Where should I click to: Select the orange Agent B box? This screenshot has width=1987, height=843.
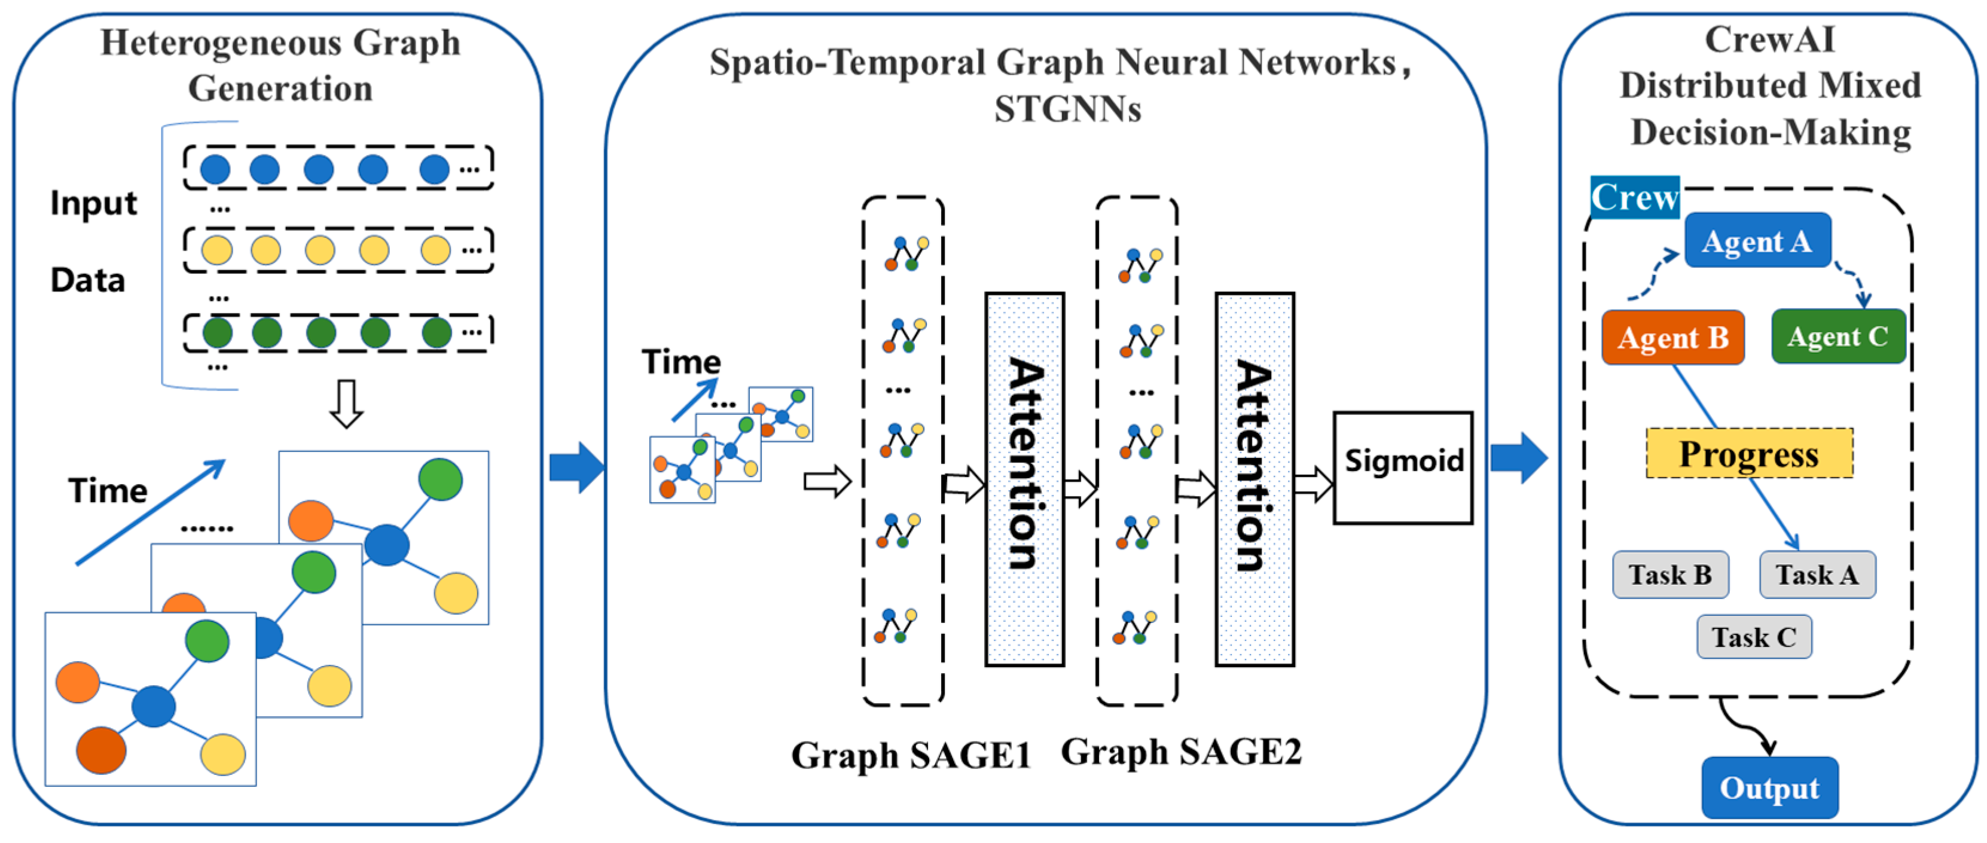tap(1672, 337)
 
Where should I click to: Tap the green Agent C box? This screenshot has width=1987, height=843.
tap(1838, 336)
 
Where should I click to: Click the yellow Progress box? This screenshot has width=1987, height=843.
tap(1748, 454)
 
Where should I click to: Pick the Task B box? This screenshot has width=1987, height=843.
tap(1670, 575)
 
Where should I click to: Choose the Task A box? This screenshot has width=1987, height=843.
tap(1817, 575)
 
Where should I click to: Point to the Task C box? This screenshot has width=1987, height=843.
tap(1753, 637)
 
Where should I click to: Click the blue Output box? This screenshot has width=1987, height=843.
tap(1769, 787)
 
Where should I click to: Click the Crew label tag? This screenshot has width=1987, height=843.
tap(1634, 197)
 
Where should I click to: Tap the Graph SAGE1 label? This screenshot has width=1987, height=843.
tap(910, 755)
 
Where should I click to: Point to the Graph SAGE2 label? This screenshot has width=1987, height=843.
tap(1180, 751)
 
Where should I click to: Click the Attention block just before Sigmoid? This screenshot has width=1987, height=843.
tap(1255, 479)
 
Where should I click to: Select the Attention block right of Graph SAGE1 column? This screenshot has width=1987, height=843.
tap(1024, 479)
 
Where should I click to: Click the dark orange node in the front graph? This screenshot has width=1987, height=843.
tap(101, 750)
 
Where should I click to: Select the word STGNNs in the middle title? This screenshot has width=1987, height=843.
tap(1067, 109)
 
